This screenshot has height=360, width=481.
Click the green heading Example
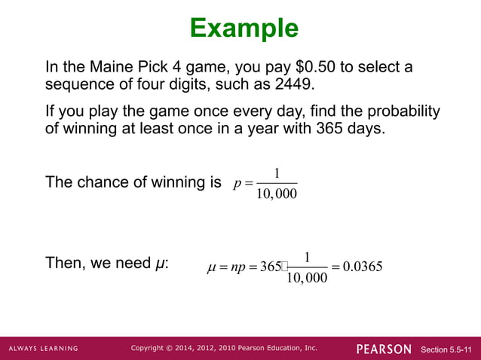point(244,29)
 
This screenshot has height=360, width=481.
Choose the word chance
point(103,182)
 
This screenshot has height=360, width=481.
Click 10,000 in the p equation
point(276,195)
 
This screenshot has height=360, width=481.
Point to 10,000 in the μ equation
point(307,279)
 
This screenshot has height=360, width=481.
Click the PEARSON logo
point(384,349)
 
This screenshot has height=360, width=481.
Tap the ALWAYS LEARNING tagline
point(43,349)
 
